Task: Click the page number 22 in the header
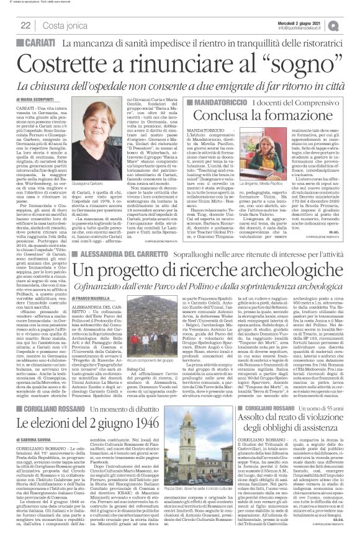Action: pos(25,25)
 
